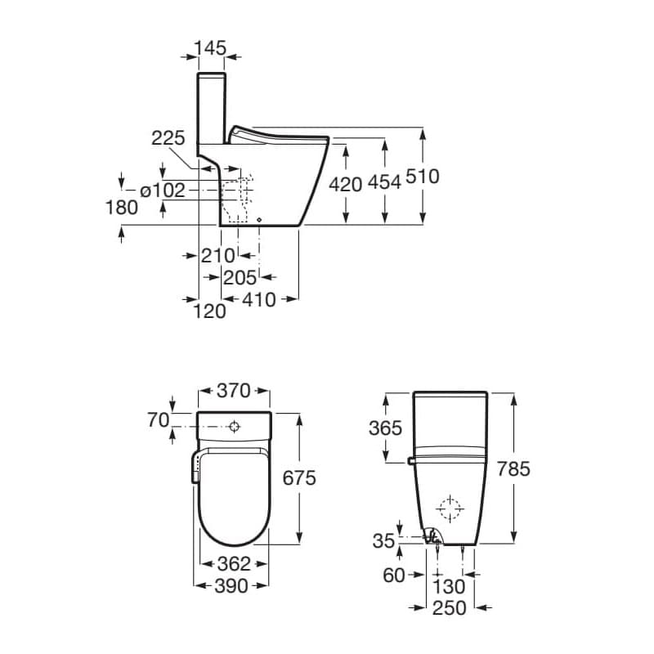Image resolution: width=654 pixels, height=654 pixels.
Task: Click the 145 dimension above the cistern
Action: [x=212, y=49]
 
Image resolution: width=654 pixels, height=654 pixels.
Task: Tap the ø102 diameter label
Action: [x=163, y=190]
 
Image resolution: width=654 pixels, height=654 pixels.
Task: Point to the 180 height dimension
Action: [x=122, y=208]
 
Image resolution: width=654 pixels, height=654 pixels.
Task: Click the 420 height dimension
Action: [x=345, y=183]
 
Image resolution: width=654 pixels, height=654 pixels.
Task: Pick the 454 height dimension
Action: [x=384, y=183]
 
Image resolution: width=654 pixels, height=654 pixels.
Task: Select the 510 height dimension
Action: [x=423, y=176]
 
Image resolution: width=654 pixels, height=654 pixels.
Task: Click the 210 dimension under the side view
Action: [x=218, y=255]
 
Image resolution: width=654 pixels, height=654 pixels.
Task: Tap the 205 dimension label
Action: [x=240, y=278]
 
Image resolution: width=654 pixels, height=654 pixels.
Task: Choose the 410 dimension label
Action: [x=260, y=299]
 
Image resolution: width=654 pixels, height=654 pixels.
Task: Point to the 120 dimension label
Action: [x=210, y=311]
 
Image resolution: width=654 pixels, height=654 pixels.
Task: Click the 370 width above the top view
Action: [x=233, y=391]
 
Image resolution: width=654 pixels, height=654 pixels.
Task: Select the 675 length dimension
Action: [x=299, y=478]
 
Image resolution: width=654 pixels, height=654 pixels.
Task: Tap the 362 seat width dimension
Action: [x=233, y=564]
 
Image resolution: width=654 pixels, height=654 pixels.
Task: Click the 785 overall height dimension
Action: [x=513, y=468]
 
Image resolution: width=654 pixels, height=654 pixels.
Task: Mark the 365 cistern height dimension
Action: [x=386, y=428]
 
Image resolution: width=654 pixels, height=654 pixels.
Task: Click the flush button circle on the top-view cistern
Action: [x=235, y=427]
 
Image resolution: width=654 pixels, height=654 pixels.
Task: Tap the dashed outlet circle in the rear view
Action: [x=449, y=508]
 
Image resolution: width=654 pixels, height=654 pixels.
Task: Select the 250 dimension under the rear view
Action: [x=449, y=608]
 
